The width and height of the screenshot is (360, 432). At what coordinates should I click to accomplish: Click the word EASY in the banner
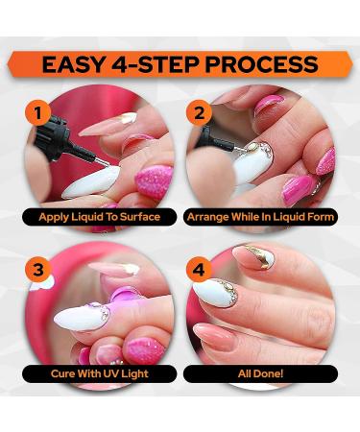coord(73,64)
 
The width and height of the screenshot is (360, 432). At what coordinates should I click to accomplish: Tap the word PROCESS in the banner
coord(261,64)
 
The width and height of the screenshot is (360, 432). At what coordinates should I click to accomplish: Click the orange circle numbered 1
coord(38,113)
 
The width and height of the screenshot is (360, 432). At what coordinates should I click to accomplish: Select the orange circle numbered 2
coord(199,113)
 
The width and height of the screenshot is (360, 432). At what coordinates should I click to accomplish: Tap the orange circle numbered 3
coord(38,270)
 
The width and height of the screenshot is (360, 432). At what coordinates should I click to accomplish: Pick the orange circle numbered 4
coord(199,270)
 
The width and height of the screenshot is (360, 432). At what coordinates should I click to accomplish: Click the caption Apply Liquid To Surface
coord(100,217)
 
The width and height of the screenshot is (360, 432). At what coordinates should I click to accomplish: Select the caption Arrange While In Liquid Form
coord(260,217)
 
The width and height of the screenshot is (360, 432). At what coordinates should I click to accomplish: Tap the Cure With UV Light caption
coord(100,373)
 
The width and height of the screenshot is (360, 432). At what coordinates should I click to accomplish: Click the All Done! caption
coord(260,373)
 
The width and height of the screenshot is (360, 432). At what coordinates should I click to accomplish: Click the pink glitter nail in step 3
coord(146,349)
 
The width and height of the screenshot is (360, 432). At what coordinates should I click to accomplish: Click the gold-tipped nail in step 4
coord(254,256)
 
